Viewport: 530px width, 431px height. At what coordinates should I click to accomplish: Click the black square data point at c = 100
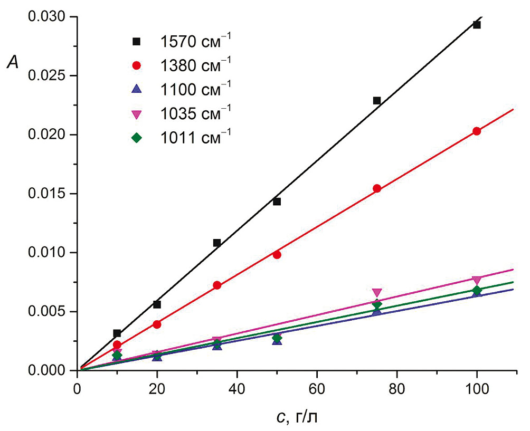point(477,25)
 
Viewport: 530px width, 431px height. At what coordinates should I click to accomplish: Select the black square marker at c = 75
point(377,100)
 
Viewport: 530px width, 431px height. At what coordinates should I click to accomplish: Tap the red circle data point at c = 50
point(277,254)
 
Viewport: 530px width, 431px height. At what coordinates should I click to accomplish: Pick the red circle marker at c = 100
point(477,131)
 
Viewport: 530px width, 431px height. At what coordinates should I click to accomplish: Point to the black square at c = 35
point(216,243)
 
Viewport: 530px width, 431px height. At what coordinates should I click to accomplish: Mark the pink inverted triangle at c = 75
point(377,293)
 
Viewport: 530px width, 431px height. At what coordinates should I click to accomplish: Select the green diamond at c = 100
point(477,290)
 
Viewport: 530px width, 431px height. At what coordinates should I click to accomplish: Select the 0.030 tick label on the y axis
point(49,17)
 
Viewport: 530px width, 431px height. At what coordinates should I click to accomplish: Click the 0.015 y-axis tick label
point(49,194)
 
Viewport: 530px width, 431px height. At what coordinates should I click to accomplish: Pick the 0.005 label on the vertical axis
point(49,311)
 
